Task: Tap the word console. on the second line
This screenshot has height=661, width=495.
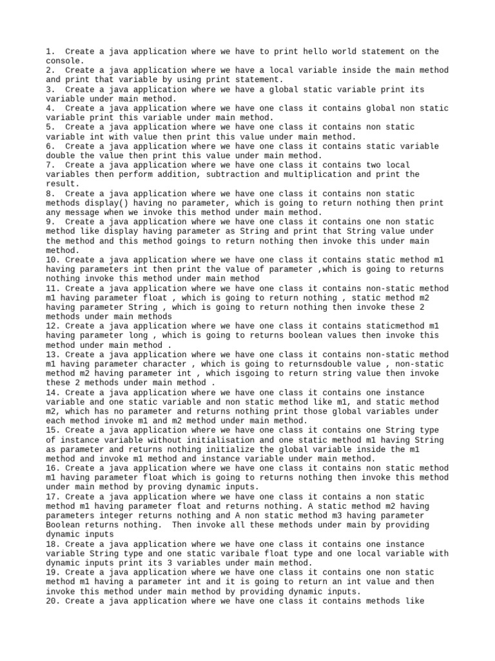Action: (x=64, y=61)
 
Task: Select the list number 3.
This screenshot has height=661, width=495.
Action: (x=50, y=89)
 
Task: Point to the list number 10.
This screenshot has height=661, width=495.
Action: (x=53, y=259)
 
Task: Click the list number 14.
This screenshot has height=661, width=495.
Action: (x=53, y=392)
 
